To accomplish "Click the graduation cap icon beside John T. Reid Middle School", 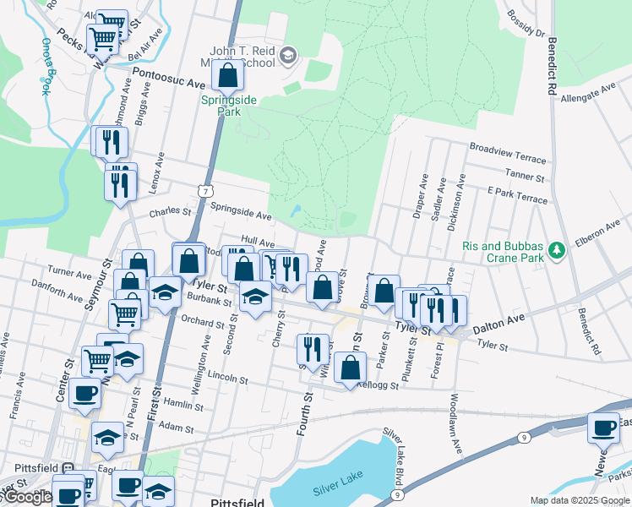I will tap(288, 57).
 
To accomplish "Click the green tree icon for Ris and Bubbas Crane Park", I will tap(556, 250).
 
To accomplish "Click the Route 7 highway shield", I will tap(205, 192).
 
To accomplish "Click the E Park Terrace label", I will tap(518, 197).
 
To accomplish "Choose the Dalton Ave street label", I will tap(499, 316).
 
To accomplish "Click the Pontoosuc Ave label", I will tap(173, 84).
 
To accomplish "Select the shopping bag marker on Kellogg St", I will tap(350, 368).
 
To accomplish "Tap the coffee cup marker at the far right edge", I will tap(603, 428).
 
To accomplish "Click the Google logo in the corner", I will tap(28, 497).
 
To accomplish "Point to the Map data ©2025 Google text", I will tap(579, 500).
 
